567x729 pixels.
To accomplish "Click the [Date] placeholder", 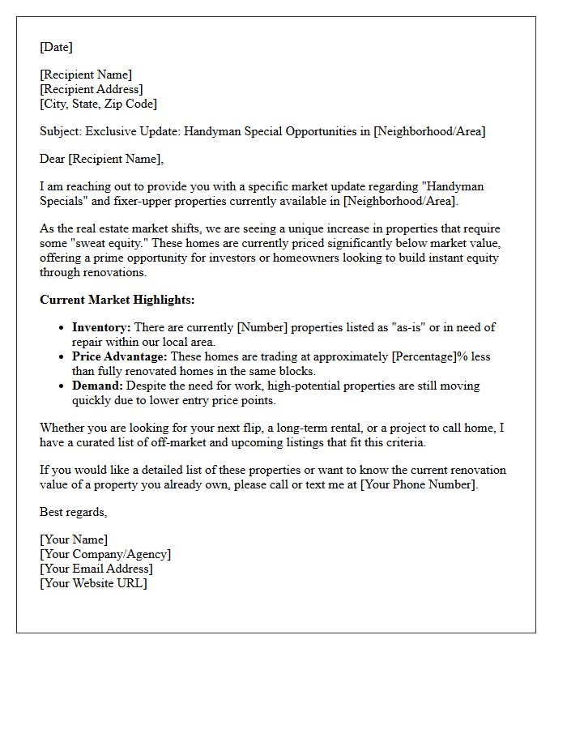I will click(56, 47).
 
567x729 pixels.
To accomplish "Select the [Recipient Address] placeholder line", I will click(91, 89).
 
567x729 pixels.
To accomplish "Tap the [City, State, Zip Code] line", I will click(98, 104).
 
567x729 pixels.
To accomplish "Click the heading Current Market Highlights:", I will click(117, 300).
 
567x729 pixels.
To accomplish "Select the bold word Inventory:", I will click(101, 327).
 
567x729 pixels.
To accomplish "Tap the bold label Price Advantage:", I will click(119, 356).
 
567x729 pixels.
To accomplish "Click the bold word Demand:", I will click(97, 386).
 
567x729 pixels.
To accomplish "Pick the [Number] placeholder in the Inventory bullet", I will click(258, 327).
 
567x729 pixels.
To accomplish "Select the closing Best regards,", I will click(73, 512).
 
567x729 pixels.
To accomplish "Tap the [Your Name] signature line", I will click(73, 539).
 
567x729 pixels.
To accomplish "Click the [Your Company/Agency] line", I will click(105, 554).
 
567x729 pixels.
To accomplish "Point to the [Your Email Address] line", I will click(96, 569).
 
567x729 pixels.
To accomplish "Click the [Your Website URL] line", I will click(93, 583).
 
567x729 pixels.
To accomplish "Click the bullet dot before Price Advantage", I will click(62, 357).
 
